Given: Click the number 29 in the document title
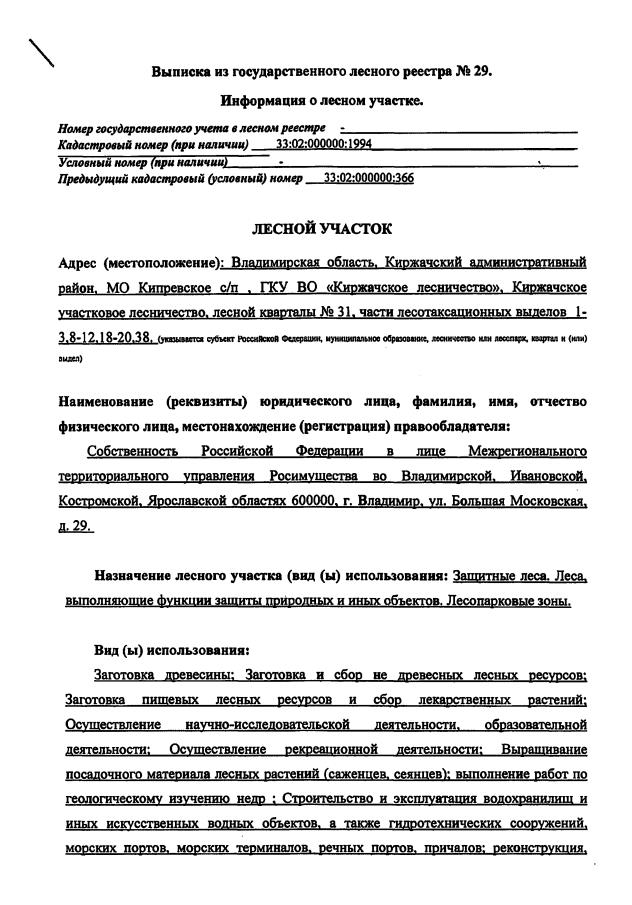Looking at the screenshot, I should tap(481, 72).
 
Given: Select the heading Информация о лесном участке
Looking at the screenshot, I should tap(322, 100).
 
